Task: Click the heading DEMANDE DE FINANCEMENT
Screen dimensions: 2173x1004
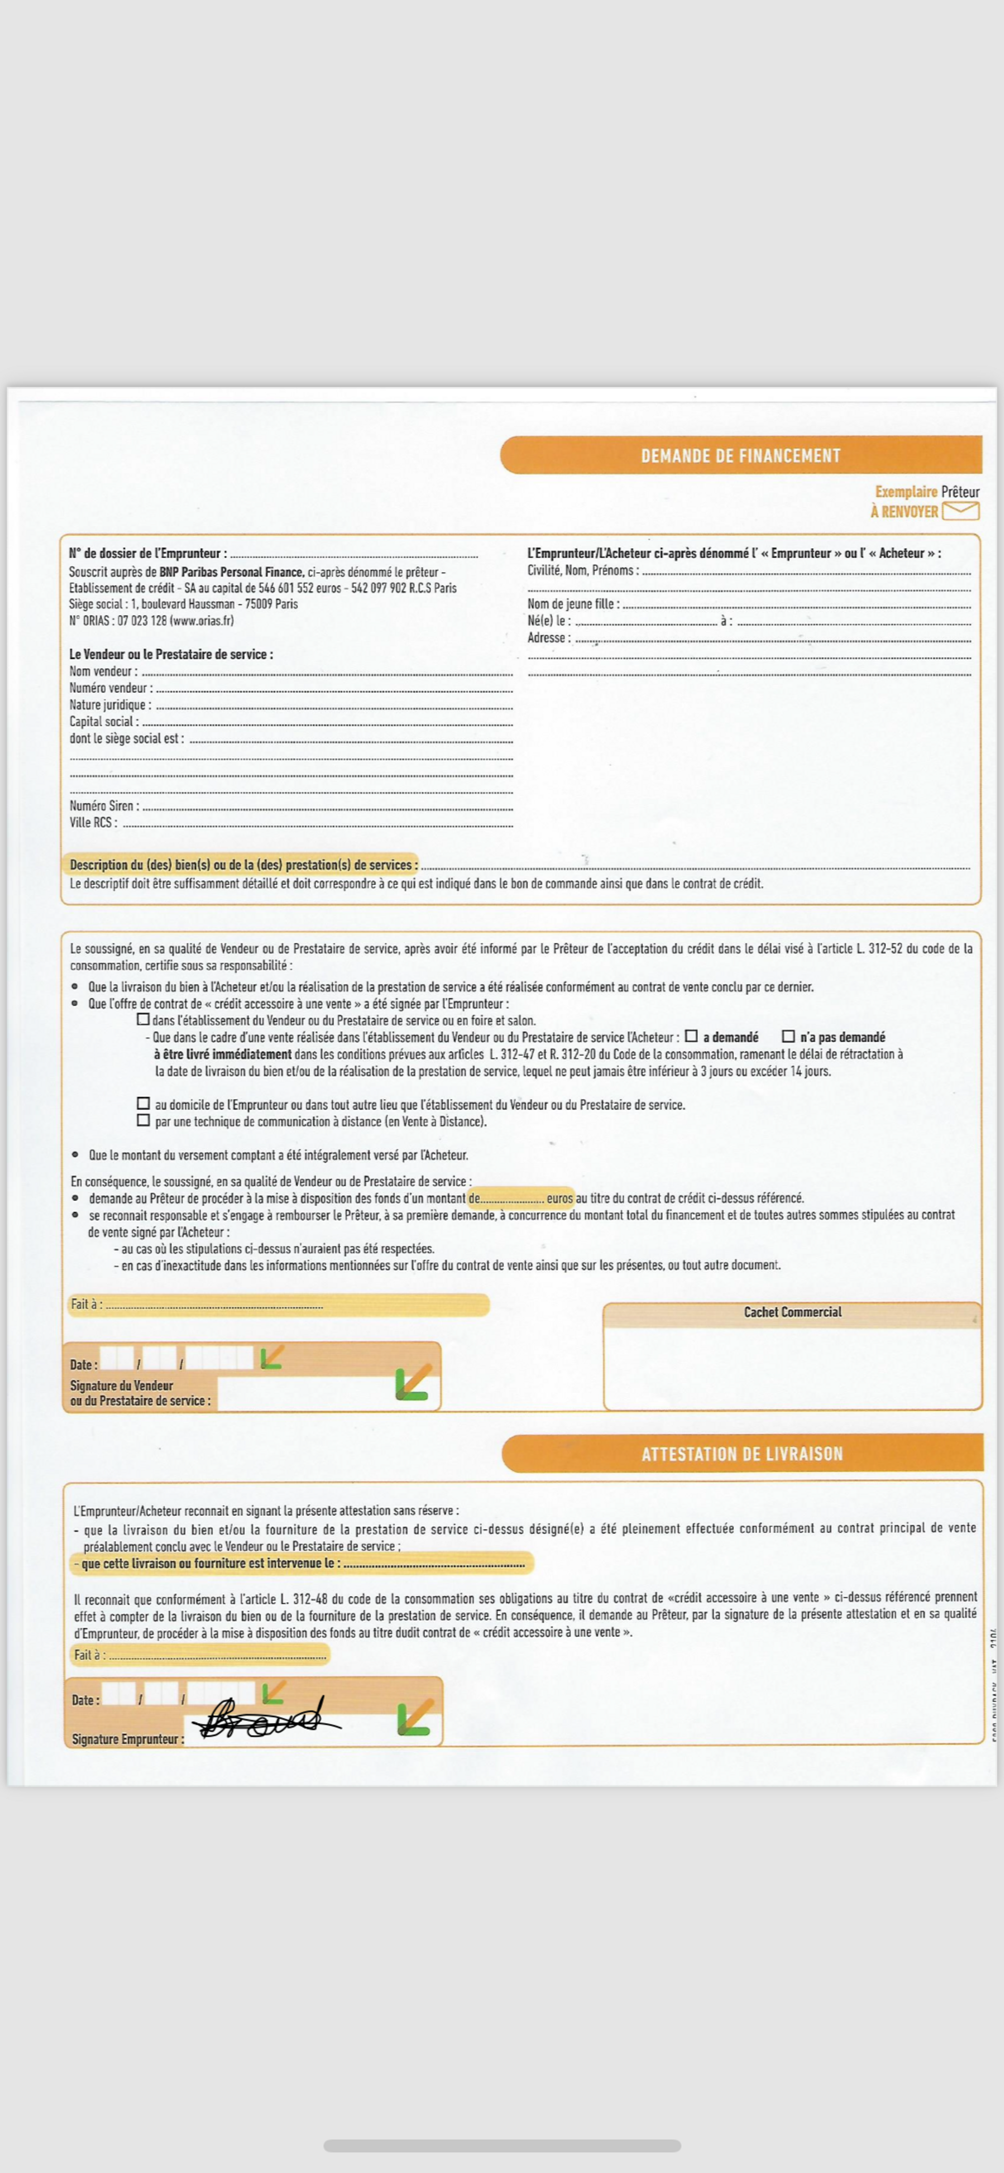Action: [x=740, y=455]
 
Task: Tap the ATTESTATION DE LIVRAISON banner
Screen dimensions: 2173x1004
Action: [x=741, y=1454]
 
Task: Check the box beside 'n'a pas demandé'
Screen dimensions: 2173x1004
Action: [x=789, y=1036]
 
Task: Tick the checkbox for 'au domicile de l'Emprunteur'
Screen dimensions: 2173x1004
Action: [x=144, y=1104]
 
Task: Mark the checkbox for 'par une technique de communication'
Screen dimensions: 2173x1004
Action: [x=144, y=1120]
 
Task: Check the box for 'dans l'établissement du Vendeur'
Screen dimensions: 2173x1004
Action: [x=144, y=1019]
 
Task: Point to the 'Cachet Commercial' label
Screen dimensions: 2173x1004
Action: [x=792, y=1312]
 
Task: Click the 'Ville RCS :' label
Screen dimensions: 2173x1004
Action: [x=93, y=822]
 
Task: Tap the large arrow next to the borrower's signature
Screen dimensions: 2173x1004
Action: [x=414, y=1718]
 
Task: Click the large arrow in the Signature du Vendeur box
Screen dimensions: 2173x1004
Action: [x=413, y=1383]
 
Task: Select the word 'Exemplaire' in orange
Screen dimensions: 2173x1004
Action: [x=905, y=492]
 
